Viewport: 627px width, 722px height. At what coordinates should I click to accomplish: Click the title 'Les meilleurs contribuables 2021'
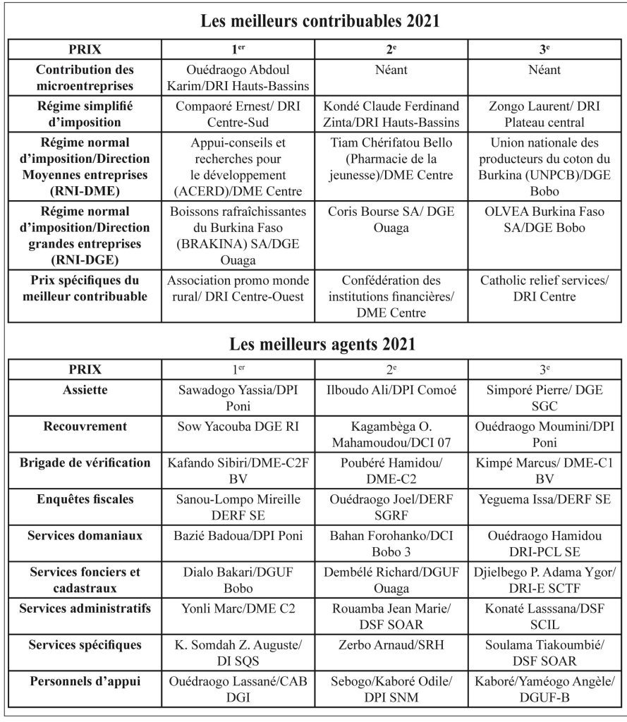320,21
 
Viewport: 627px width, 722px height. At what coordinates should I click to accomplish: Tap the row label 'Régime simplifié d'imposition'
85,112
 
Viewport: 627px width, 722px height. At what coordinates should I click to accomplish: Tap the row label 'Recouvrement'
85,427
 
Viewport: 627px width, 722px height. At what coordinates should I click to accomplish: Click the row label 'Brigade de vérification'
85,463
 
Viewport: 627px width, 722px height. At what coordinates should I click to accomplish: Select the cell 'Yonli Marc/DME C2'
238,608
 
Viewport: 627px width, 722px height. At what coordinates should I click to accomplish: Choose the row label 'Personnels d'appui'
85,681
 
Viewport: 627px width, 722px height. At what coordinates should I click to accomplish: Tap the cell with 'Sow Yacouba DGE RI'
238,427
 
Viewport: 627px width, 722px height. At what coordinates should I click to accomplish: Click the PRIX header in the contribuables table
85,51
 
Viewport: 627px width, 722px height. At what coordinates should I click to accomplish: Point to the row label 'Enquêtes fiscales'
85,499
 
